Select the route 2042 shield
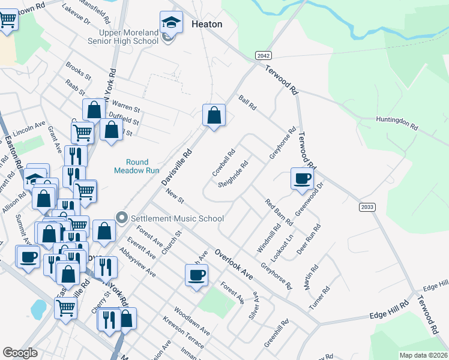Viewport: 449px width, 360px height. [263, 55]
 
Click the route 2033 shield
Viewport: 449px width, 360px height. [367, 207]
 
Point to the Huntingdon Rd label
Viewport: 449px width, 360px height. [397, 123]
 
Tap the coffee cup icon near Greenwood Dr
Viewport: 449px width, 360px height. [301, 178]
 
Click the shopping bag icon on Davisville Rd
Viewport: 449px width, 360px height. [214, 114]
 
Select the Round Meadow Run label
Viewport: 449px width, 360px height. [137, 166]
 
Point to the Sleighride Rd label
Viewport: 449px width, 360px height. [234, 173]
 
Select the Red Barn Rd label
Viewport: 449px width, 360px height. [279, 210]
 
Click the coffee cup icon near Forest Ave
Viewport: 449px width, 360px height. [196, 276]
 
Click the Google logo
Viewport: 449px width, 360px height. [20, 353]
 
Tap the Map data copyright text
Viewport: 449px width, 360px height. [424, 355]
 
